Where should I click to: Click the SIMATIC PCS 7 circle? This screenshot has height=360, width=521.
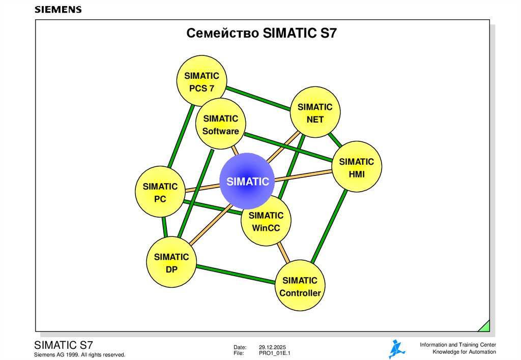[201, 81]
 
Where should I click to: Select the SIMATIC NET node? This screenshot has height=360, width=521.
[315, 113]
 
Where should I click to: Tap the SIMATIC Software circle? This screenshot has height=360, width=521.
[220, 125]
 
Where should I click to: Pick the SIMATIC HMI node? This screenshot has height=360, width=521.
[356, 167]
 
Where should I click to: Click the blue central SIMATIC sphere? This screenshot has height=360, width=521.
[247, 181]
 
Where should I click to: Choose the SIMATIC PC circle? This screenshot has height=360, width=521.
[160, 192]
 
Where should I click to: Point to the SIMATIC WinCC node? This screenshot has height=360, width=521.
[266, 221]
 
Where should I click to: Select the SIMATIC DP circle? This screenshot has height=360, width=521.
[171, 262]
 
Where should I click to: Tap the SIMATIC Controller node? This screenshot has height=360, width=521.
[300, 286]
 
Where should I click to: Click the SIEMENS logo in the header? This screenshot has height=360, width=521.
[58, 10]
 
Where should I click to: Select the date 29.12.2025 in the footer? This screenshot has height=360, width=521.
[272, 346]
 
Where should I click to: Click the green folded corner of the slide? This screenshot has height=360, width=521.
[484, 326]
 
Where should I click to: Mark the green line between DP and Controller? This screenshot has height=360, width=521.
[235, 274]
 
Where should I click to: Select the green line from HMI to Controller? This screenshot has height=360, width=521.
[329, 227]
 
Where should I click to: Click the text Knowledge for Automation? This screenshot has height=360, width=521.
[464, 352]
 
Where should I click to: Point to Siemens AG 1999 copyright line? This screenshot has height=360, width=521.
[79, 354]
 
